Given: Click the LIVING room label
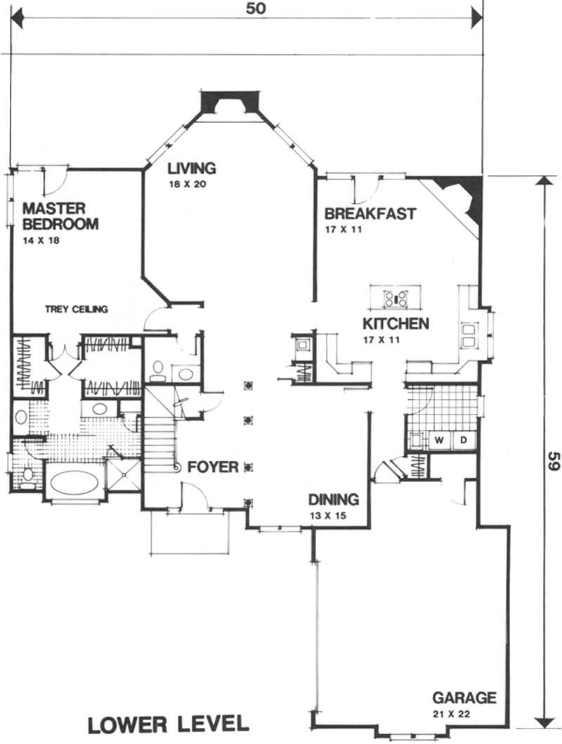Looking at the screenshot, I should (x=191, y=168).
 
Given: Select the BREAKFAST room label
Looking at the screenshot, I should (x=370, y=214).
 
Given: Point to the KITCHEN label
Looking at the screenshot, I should (x=396, y=324).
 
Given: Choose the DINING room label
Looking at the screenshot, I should (x=334, y=500).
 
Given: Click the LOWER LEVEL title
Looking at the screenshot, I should (x=168, y=724).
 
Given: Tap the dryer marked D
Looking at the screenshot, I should (x=464, y=440).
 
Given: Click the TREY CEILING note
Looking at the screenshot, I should (x=76, y=309).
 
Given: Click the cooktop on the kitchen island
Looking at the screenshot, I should (x=395, y=298).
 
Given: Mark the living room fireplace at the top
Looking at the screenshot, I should (x=230, y=103).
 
